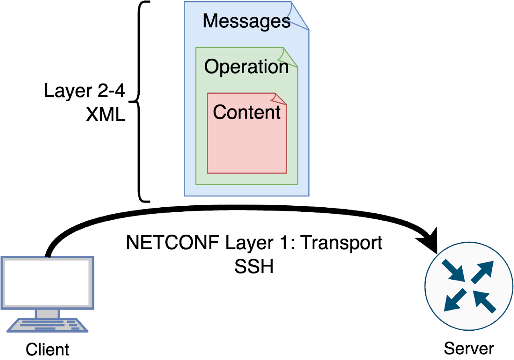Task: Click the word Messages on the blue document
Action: [x=246, y=21]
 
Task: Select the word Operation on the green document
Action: [x=246, y=67]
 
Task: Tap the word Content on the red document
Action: [x=247, y=112]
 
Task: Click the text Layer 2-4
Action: [x=85, y=92]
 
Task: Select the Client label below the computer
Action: [x=48, y=349]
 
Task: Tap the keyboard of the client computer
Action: [x=47, y=325]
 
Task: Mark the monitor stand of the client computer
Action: [x=47, y=313]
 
